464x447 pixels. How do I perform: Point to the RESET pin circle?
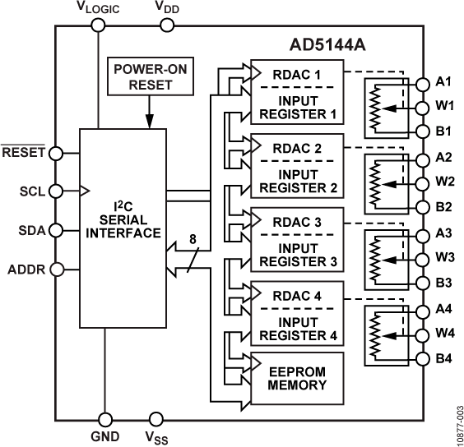click(x=55, y=152)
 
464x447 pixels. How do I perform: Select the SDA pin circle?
click(x=55, y=229)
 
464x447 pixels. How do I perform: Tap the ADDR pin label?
click(x=26, y=268)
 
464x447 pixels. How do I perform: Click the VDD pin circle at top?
click(x=167, y=25)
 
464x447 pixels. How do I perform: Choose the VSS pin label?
click(x=155, y=437)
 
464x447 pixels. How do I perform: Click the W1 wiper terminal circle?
click(x=422, y=107)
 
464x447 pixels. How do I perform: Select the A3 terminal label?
click(x=445, y=233)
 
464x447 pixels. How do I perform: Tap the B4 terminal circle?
click(x=422, y=358)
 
